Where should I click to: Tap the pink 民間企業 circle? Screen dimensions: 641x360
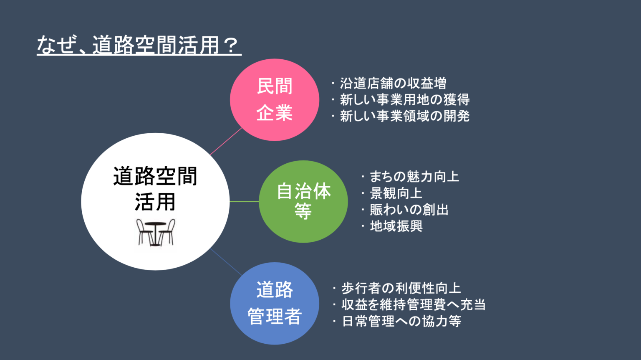coord(275,100)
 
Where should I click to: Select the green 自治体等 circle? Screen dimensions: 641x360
coord(303,201)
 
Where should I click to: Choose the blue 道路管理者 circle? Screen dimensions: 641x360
coord(275,303)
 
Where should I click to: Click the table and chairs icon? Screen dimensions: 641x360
coord(155,233)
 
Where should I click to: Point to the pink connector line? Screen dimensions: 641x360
coord(226,142)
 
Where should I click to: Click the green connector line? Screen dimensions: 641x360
coord(244,202)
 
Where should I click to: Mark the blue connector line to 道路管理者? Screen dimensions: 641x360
coord(226,262)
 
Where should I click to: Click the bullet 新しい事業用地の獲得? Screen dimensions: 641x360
coord(401,100)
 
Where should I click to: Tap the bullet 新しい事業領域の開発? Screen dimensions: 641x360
coord(401,116)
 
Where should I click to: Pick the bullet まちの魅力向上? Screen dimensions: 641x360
coord(410,176)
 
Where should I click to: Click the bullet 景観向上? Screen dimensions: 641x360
coord(392,193)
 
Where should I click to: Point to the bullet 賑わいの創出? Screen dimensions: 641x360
coord(405,209)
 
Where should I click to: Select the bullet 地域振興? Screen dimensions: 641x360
coord(392,226)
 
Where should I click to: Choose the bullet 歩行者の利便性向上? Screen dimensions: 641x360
coord(397,288)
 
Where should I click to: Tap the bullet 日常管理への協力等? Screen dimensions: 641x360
coord(397,321)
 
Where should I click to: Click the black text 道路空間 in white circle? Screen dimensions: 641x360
coord(155,176)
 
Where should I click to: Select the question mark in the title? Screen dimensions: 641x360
coord(230,45)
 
